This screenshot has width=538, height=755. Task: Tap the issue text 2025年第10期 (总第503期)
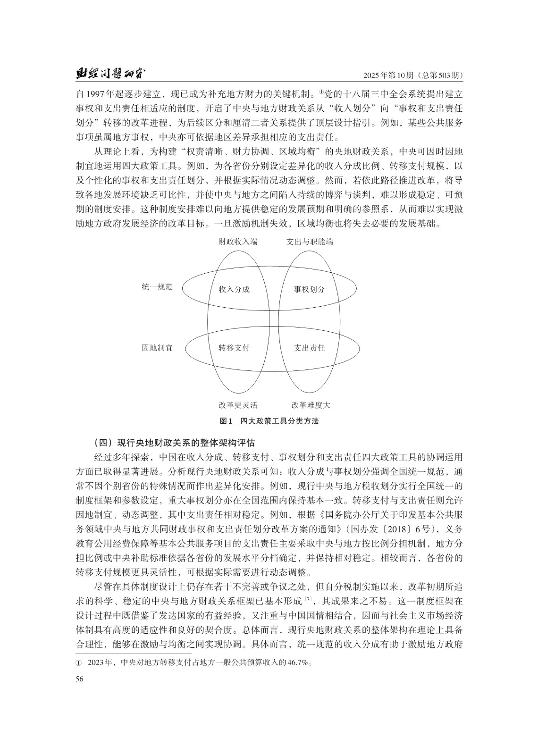413,75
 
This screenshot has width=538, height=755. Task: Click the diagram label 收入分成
234,289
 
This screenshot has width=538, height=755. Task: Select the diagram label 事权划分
309,289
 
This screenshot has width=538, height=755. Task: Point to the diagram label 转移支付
234,348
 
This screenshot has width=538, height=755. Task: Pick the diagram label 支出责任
309,348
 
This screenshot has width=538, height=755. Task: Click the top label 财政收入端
238,242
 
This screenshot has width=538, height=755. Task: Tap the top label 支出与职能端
310,242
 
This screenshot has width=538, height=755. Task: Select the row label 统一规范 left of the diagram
157,287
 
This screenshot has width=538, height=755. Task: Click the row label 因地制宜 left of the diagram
157,348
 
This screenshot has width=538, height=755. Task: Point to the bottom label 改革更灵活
238,405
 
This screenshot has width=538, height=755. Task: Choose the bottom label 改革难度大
311,405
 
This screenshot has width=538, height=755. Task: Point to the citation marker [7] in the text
308,599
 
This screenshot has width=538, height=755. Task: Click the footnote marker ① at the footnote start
79,663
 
